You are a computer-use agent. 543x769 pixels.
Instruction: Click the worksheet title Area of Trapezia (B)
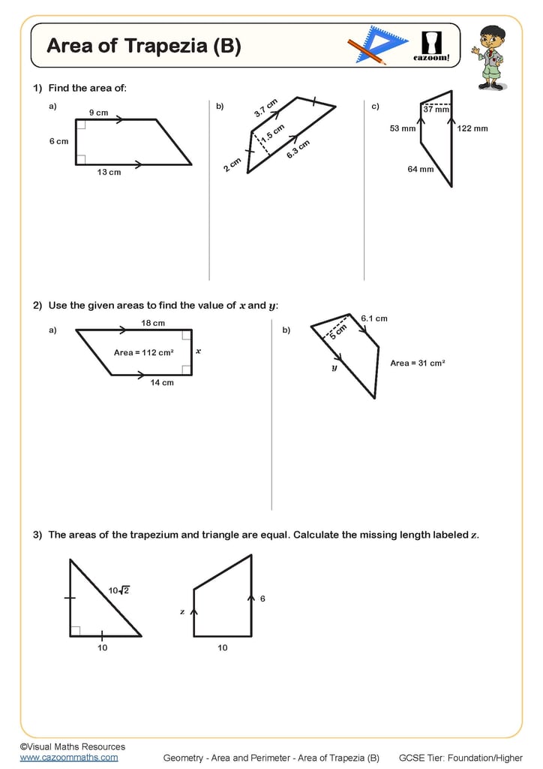pyautogui.click(x=144, y=47)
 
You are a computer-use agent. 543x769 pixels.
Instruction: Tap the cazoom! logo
pyautogui.click(x=432, y=46)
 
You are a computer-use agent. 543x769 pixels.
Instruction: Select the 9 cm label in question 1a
pyautogui.click(x=98, y=113)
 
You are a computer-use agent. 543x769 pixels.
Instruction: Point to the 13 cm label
pyautogui.click(x=109, y=172)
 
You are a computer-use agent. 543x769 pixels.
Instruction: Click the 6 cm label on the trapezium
pyautogui.click(x=58, y=141)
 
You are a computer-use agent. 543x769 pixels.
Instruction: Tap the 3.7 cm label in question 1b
pyautogui.click(x=265, y=108)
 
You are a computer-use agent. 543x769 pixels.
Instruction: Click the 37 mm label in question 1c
pyautogui.click(x=436, y=110)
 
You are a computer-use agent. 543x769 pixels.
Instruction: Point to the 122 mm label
pyautogui.click(x=472, y=128)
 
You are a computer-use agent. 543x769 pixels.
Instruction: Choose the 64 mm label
pyautogui.click(x=420, y=169)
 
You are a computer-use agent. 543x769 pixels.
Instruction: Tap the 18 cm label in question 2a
pyautogui.click(x=153, y=323)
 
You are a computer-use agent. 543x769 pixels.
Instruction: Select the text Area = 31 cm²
pyautogui.click(x=418, y=363)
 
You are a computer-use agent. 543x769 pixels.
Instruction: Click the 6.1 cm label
pyautogui.click(x=374, y=318)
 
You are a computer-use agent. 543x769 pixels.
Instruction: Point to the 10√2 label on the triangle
pyautogui.click(x=118, y=590)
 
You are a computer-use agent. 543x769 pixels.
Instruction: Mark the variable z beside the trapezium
pyautogui.click(x=182, y=611)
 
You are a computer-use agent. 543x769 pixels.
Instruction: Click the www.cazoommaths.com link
pyautogui.click(x=69, y=757)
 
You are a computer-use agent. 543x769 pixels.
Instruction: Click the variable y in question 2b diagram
pyautogui.click(x=334, y=368)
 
